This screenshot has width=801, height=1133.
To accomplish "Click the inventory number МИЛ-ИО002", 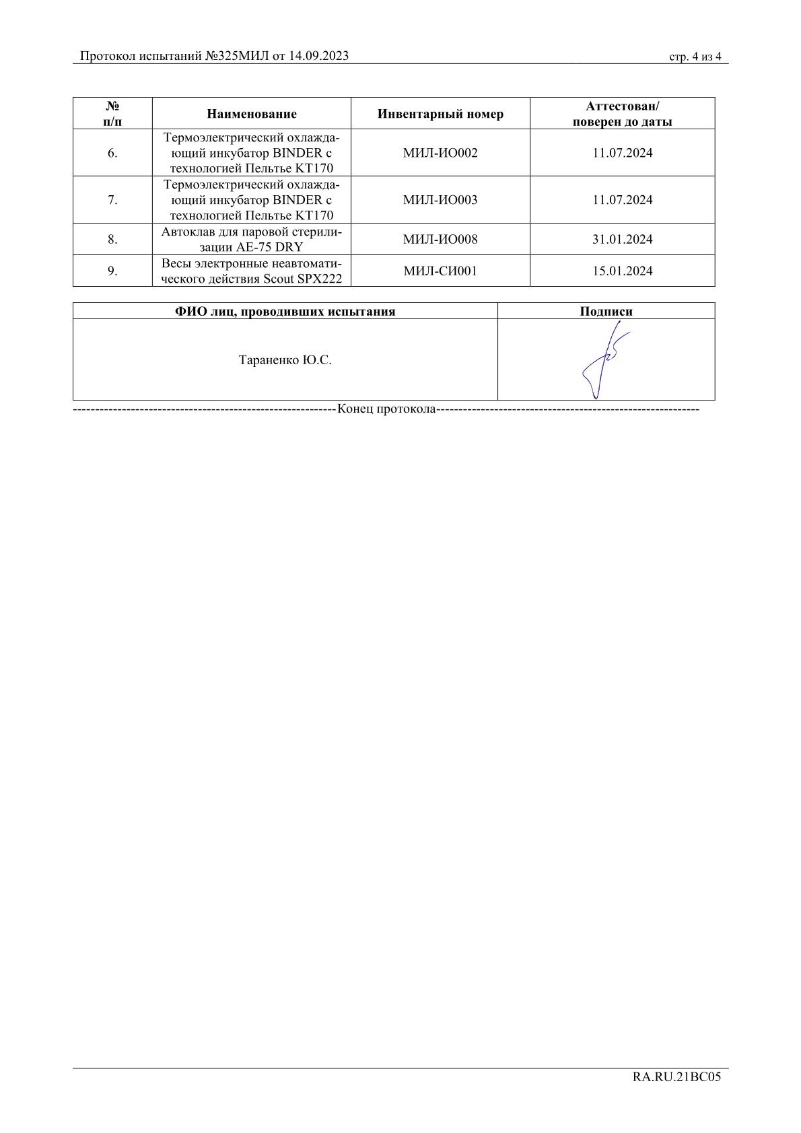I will tap(440, 153).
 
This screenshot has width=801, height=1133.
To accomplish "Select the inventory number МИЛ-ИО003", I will tap(440, 200).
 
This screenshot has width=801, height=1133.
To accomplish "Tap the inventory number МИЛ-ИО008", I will tap(440, 239).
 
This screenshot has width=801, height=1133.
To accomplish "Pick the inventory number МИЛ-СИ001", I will tap(440, 271).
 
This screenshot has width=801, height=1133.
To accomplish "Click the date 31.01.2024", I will tap(622, 239).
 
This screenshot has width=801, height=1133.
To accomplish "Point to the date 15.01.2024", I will tap(622, 271).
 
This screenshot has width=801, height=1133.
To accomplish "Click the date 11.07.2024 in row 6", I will tap(622, 153).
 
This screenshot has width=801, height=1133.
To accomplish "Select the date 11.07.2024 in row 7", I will tap(622, 200).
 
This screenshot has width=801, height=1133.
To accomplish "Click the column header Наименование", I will tap(252, 114).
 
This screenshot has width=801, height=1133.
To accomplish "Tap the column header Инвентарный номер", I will tap(440, 114).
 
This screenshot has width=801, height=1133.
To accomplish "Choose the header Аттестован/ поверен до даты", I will tap(622, 114).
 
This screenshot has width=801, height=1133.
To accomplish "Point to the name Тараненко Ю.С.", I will tap(285, 360).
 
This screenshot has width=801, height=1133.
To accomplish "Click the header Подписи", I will tap(606, 311).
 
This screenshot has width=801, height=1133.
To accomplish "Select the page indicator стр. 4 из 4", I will tap(695, 57).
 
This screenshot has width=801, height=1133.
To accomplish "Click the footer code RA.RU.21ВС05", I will tap(676, 1076).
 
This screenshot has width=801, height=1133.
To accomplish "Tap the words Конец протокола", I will tap(386, 409).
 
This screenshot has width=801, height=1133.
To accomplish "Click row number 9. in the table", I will tap(112, 271).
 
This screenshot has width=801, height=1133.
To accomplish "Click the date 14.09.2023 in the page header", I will tap(318, 56).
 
